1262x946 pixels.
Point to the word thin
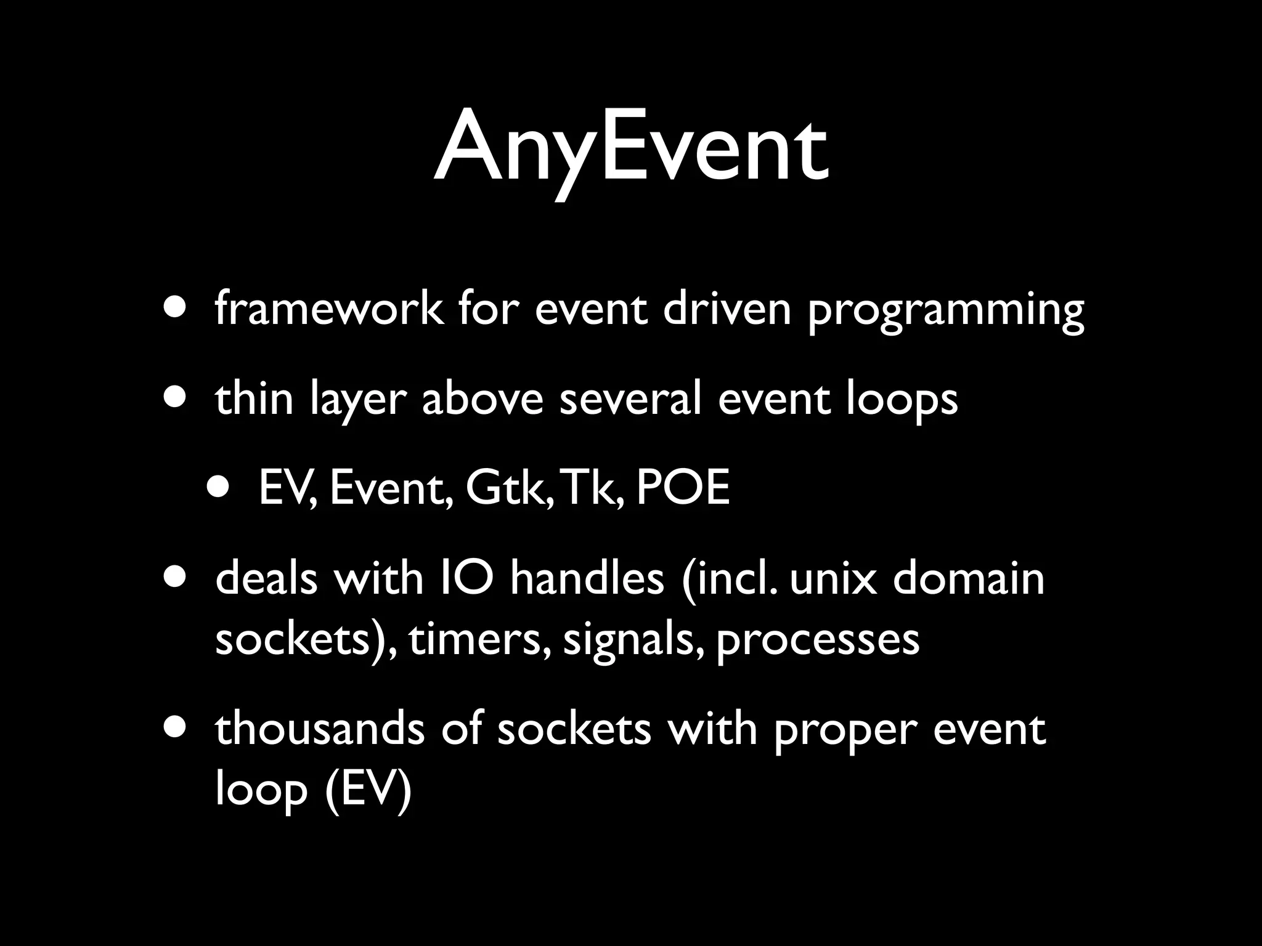pyautogui.click(x=254, y=398)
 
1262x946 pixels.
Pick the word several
pyautogui.click(x=630, y=398)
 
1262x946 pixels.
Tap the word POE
pyautogui.click(x=682, y=488)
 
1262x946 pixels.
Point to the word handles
pyautogui.click(x=587, y=579)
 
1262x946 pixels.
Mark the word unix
pyautogui.click(x=833, y=579)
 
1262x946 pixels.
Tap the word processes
pyautogui.click(x=818, y=642)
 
